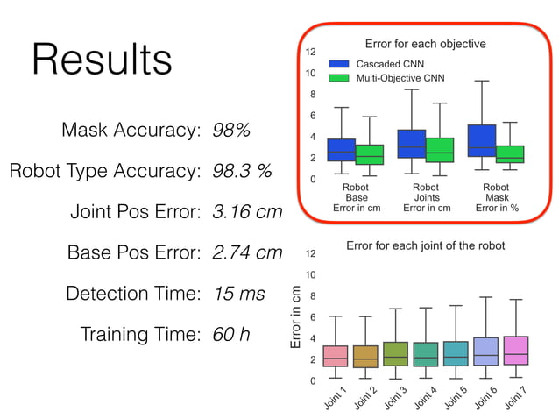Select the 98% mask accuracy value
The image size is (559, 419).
[x=231, y=131]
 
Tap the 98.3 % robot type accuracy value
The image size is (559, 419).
[x=242, y=171]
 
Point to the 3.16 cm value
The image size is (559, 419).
[x=248, y=211]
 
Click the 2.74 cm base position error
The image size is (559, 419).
[x=248, y=252]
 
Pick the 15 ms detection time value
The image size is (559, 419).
[x=238, y=294]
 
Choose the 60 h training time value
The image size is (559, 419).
[x=229, y=334]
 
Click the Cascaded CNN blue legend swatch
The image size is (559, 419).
[x=340, y=65]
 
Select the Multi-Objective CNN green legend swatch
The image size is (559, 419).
[x=340, y=78]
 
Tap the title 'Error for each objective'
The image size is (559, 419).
[x=425, y=43]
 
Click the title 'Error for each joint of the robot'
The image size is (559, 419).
[x=426, y=245]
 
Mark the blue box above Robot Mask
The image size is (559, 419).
[x=482, y=140]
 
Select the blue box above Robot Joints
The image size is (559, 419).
[x=412, y=144]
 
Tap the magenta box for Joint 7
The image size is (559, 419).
[x=516, y=350]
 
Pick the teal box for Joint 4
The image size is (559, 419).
[x=426, y=354]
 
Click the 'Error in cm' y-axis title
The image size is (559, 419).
[x=295, y=319]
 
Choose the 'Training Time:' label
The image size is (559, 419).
[x=140, y=334]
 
